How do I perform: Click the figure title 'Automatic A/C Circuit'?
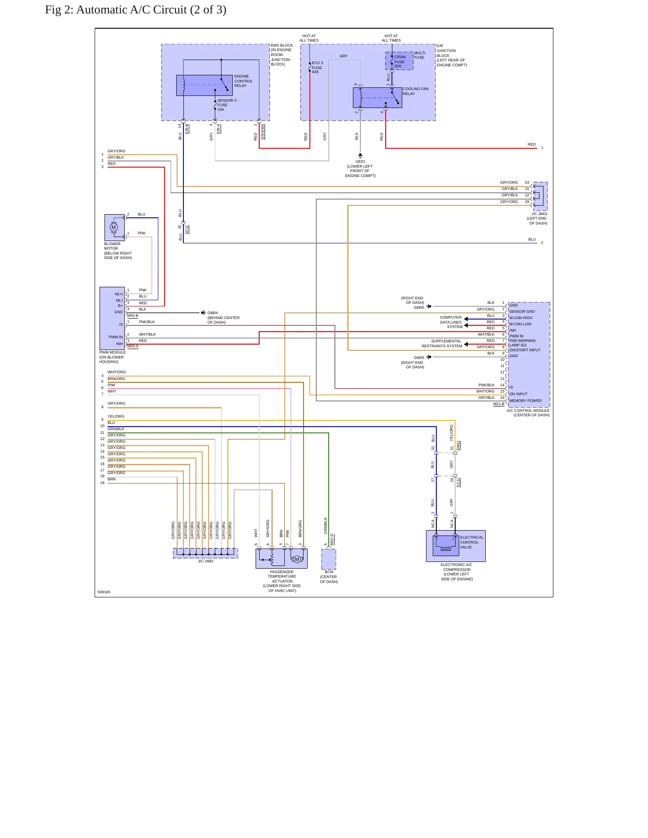coord(131,10)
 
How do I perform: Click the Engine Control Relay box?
coord(204,85)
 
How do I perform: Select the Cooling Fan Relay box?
coord(378,98)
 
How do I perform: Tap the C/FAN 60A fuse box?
coord(399,61)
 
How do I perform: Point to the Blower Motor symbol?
coord(114,228)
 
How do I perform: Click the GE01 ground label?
coord(361,161)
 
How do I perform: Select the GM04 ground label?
coord(213,313)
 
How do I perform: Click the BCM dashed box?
coord(329,559)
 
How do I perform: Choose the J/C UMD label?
coord(205,561)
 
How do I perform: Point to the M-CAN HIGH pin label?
coord(521,318)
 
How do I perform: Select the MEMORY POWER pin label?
coord(525,401)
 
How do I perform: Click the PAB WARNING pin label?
coord(522,341)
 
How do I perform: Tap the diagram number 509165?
coord(104,592)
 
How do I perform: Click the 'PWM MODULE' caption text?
coord(113,352)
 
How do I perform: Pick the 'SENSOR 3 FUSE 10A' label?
coord(227,105)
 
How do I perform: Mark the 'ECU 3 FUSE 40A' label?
coord(317,67)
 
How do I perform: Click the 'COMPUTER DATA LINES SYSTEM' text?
coord(451,322)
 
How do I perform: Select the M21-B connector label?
coord(499,404)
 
